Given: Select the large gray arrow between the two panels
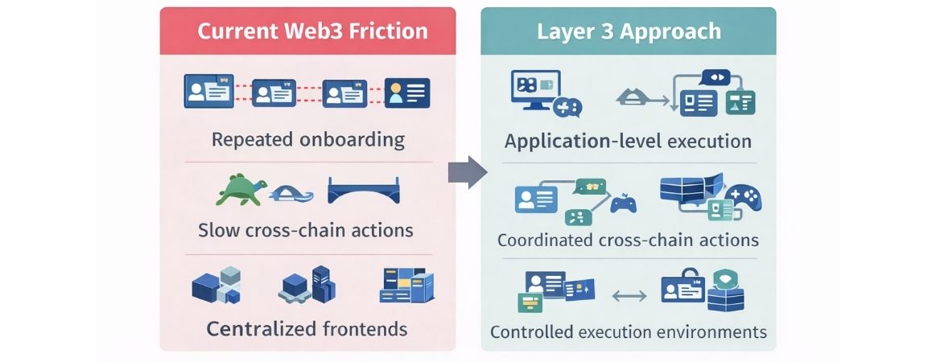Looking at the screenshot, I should [468, 172].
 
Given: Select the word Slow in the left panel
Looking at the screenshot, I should [219, 230].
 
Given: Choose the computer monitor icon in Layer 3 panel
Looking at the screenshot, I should [534, 90].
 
